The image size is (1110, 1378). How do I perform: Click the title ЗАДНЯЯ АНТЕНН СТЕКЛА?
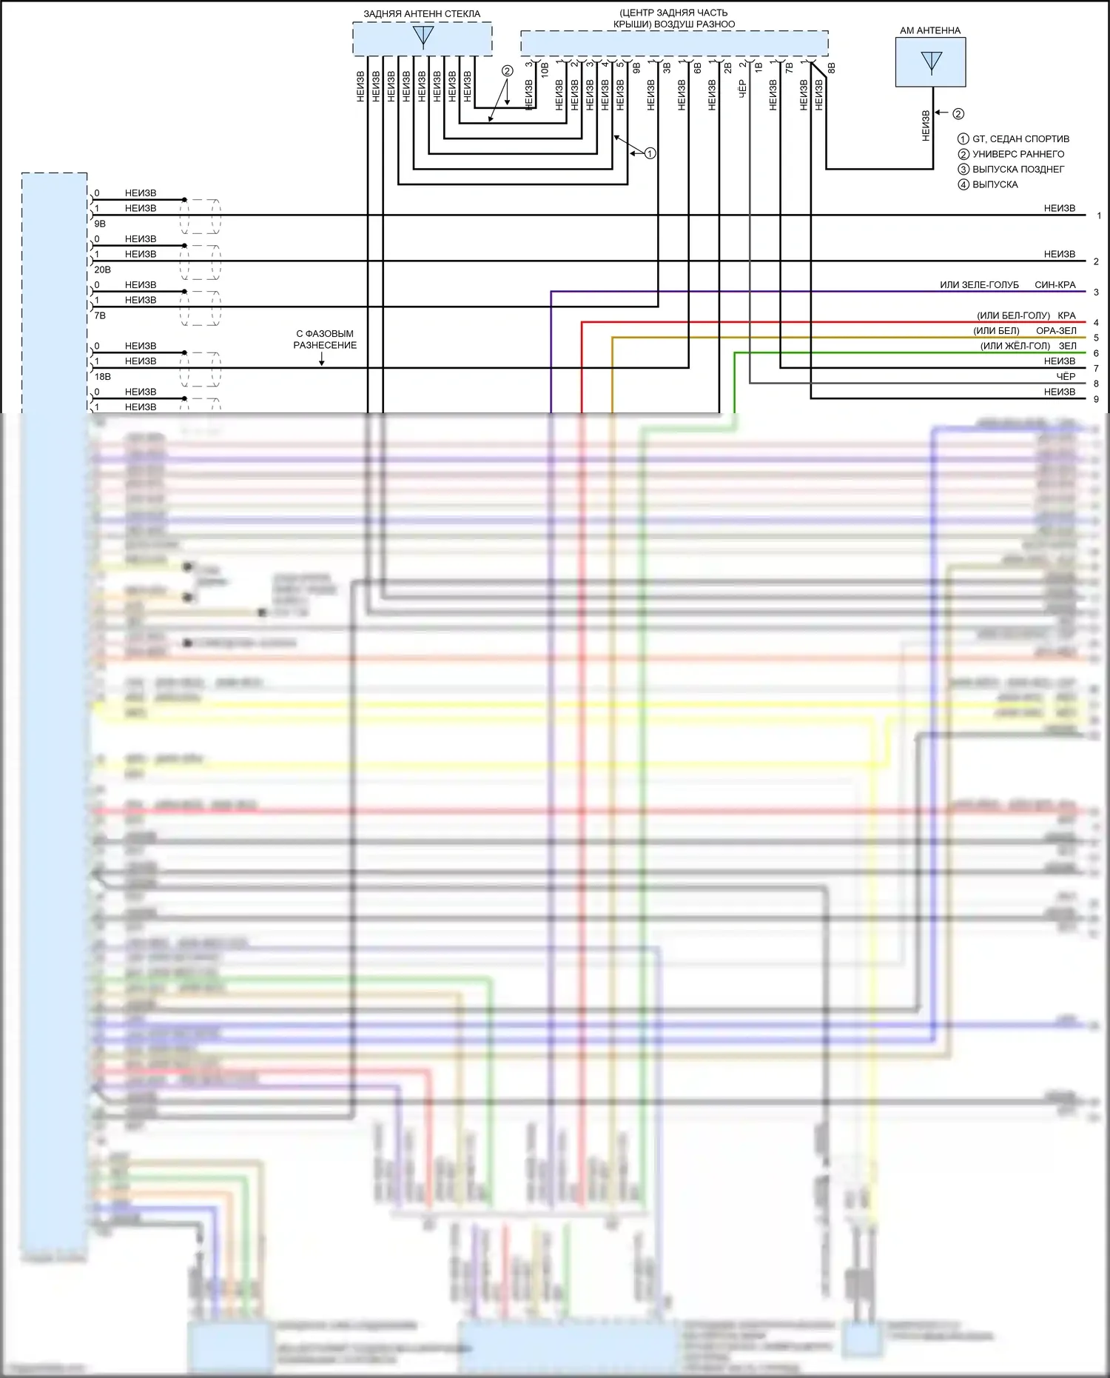pos(422,14)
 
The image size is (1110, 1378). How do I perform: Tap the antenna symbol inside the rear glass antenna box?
pos(423,36)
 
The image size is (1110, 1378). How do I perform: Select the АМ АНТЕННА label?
pos(930,30)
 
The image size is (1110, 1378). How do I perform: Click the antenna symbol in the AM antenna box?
pos(931,61)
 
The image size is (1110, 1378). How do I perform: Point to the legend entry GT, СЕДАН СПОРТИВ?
pos(1020,139)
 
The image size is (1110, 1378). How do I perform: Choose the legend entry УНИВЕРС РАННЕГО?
pos(1018,154)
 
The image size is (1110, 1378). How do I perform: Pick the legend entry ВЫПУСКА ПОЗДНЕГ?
pos(1018,170)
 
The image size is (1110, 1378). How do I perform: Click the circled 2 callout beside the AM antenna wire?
pos(958,114)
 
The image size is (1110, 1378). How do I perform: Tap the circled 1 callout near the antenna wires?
pos(650,153)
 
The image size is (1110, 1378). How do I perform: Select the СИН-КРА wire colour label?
pos(1055,285)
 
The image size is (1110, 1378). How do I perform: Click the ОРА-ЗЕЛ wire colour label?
pos(1056,331)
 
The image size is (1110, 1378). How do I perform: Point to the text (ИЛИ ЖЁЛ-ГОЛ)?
pos(1015,346)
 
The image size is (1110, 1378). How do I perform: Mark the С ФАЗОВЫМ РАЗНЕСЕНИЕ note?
pos(325,339)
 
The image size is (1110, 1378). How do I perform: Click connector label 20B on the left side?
pos(102,270)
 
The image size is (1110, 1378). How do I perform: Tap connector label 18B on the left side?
pos(102,377)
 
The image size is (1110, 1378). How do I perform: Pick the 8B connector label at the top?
pos(831,67)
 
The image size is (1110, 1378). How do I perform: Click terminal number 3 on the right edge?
pos(1096,292)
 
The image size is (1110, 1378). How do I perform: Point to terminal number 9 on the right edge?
pos(1096,399)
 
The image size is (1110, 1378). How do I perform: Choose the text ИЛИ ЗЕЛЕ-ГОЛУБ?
pos(979,285)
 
